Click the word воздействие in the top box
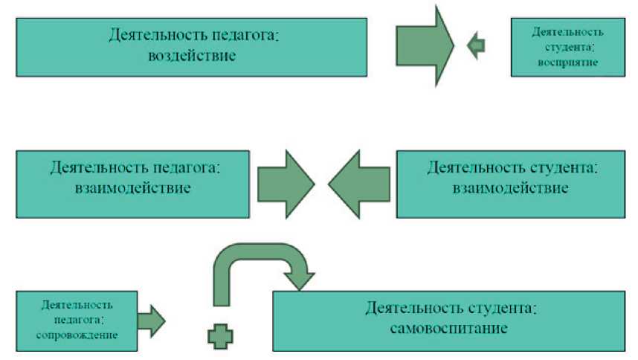click(193, 54)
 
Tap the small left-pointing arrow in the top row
click(475, 45)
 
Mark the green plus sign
click(219, 337)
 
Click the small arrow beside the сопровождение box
click(151, 320)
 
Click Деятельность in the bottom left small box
click(78, 305)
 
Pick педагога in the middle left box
click(176, 167)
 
